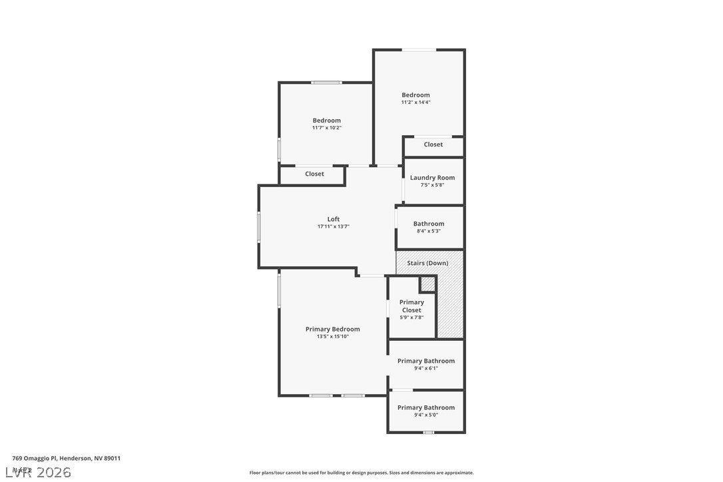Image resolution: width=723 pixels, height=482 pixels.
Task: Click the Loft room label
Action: (x=333, y=219)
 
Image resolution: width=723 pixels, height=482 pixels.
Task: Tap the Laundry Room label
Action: (x=432, y=178)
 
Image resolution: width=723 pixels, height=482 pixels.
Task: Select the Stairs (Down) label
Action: (x=427, y=263)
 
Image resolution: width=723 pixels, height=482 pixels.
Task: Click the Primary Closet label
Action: (x=411, y=306)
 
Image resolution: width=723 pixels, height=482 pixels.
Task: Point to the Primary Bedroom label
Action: (x=332, y=329)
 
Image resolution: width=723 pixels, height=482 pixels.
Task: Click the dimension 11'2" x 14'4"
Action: (x=415, y=103)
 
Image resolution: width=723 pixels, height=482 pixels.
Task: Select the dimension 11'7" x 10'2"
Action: (x=326, y=128)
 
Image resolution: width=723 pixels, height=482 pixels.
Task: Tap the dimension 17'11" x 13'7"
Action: (x=333, y=227)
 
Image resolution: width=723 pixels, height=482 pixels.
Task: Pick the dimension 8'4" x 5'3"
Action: (x=428, y=231)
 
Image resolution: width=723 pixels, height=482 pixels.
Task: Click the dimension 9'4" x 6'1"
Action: (x=426, y=368)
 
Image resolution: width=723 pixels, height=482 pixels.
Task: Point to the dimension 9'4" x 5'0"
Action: (x=426, y=415)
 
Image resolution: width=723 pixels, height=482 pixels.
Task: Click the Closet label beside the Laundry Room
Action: (x=433, y=144)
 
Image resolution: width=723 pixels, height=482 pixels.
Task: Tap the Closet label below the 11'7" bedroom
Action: (x=314, y=174)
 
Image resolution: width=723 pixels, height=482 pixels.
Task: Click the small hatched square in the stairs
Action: (x=428, y=284)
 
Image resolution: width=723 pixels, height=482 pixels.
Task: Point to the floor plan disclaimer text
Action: (x=361, y=473)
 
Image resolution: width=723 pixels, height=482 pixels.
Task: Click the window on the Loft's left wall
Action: (x=259, y=226)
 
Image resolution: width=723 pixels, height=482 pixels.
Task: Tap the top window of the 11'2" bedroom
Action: (x=419, y=49)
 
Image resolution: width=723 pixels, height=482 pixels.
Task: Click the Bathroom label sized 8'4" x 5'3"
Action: (x=428, y=224)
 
